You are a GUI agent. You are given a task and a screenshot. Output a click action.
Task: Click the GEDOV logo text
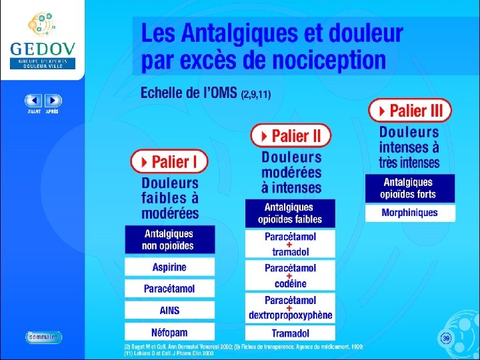point(43,49)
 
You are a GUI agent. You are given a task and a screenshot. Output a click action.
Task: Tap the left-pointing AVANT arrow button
point(33,101)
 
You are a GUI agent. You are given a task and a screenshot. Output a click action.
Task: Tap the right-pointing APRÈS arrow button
point(53,101)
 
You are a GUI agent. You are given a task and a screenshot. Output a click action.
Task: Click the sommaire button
point(44,337)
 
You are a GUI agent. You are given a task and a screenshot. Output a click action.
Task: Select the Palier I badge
point(169,161)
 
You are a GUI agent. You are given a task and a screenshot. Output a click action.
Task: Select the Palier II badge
point(291,136)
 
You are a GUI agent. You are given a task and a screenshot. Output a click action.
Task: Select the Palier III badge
point(410,110)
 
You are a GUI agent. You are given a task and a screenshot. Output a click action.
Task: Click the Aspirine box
point(169,267)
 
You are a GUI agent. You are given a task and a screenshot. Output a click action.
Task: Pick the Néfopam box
point(169,331)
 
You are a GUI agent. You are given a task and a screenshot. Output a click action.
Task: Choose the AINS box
point(169,310)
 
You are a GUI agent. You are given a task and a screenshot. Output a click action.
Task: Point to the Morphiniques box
point(410,213)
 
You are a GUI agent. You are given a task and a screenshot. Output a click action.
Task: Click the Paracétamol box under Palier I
point(169,289)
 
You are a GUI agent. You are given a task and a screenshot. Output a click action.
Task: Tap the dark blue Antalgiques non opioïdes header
point(169,240)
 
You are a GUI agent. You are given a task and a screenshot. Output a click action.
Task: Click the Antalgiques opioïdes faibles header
point(291,213)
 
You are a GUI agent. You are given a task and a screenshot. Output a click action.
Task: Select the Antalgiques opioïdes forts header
point(410,188)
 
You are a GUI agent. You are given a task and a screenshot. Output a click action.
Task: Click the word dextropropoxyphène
point(291,315)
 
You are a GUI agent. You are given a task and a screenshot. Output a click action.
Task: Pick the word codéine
point(291,283)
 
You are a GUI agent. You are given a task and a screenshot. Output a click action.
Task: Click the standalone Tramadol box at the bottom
point(291,333)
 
